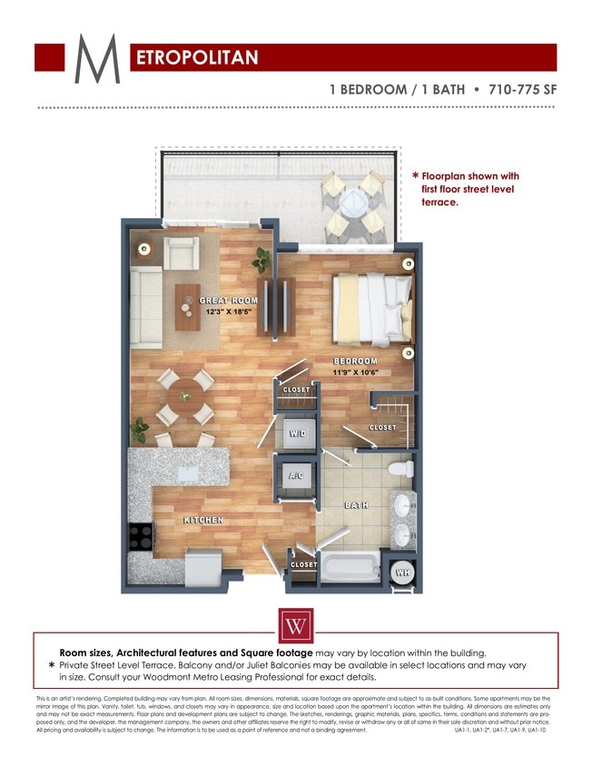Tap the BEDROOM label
355,362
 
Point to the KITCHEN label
204,520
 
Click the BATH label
355,504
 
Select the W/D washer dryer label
297,433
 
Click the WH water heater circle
402,573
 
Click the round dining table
185,397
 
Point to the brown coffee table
188,305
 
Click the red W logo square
295,626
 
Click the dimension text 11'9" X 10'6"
355,372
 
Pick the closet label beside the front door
303,564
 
